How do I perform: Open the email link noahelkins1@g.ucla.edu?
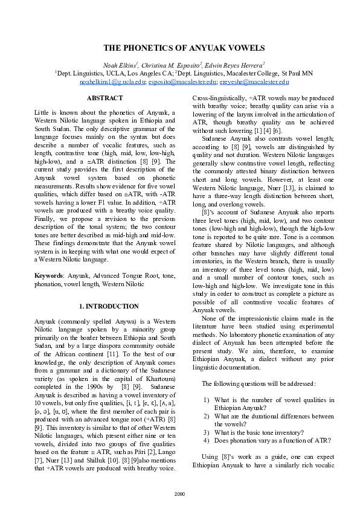112,82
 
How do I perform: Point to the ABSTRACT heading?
104,98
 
